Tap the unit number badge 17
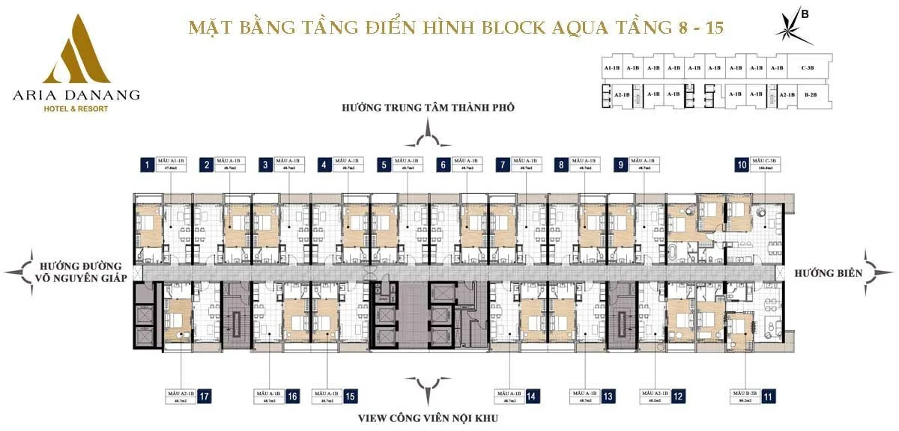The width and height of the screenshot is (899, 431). (x=205, y=397)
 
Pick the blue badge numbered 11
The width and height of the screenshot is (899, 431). (x=767, y=397)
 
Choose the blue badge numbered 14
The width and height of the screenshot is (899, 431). (x=531, y=397)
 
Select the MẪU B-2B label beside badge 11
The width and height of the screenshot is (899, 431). (x=742, y=397)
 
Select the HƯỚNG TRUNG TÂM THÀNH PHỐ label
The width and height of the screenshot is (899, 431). (x=428, y=107)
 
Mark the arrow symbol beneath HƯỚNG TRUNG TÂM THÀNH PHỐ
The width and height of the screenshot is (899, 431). (x=428, y=136)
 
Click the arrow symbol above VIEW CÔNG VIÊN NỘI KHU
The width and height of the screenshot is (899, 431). (x=428, y=391)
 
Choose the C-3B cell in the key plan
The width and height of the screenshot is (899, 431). (x=808, y=68)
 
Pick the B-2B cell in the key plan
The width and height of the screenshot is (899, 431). (x=811, y=95)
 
